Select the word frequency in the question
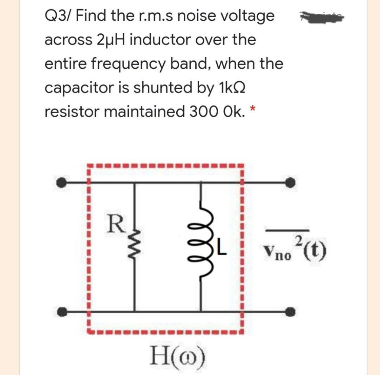tap(120, 64)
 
